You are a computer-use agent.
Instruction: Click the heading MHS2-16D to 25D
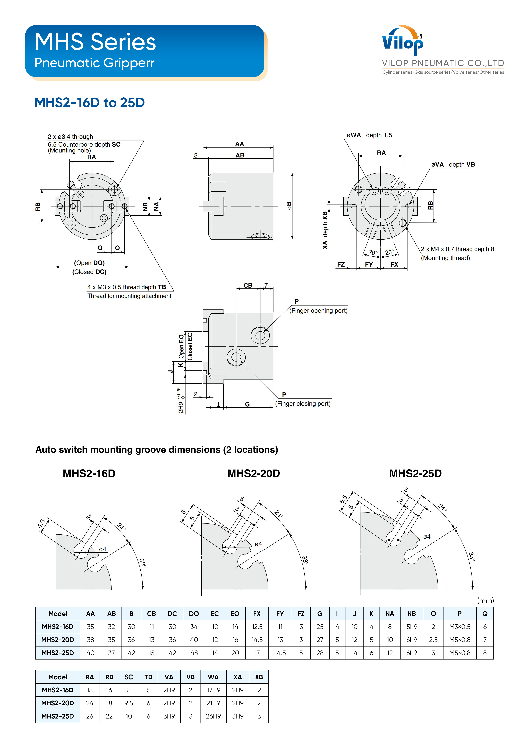pyautogui.click(x=90, y=103)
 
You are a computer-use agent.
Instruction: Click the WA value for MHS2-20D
pyautogui.click(x=213, y=703)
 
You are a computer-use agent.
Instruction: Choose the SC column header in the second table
pyautogui.click(x=129, y=677)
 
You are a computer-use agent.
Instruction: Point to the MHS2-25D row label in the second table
pyautogui.click(x=58, y=716)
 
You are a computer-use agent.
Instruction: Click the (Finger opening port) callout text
pyautogui.click(x=318, y=311)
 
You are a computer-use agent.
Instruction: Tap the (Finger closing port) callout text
pyautogui.click(x=303, y=404)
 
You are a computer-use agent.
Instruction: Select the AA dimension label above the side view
pyautogui.click(x=240, y=144)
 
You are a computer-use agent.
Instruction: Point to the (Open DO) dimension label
pyautogui.click(x=89, y=263)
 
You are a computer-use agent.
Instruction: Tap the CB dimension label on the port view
pyautogui.click(x=248, y=285)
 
